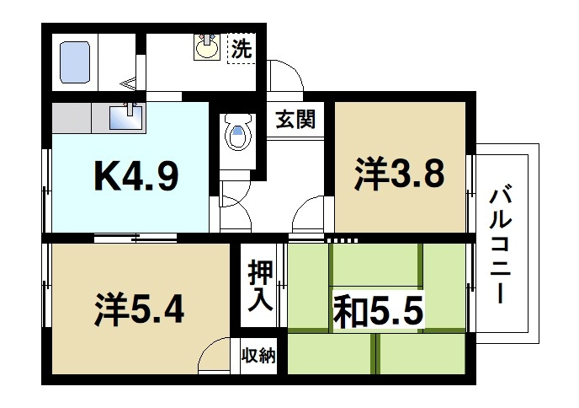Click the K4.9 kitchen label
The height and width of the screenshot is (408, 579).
tap(134, 177)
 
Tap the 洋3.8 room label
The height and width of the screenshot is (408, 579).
tap(399, 175)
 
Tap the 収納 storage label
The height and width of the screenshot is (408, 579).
tap(258, 355)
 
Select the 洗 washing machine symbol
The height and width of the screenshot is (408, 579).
tap(242, 49)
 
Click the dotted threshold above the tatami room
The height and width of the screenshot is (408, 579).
tap(342, 240)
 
